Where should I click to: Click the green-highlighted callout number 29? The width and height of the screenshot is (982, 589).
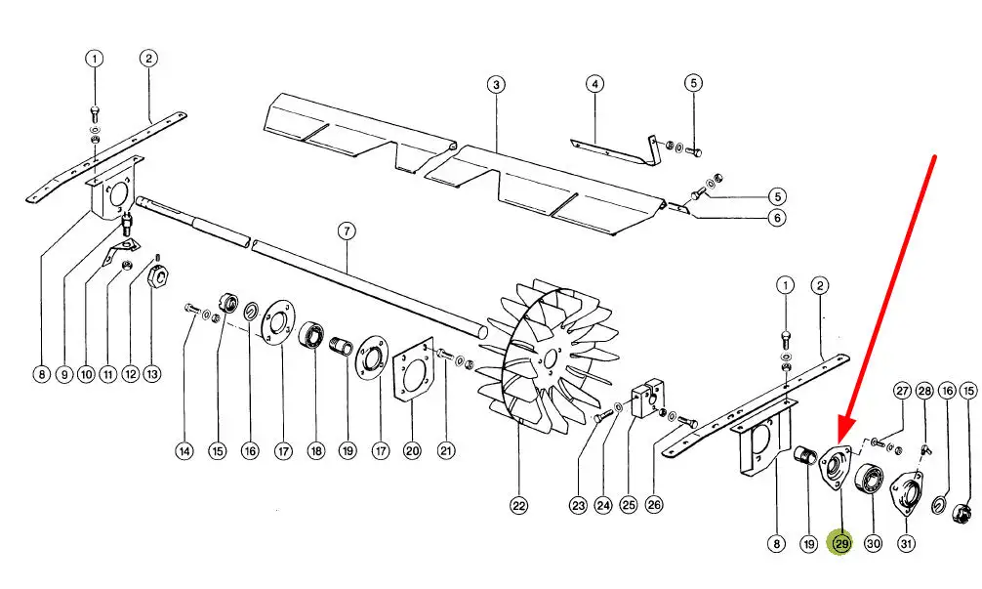841,543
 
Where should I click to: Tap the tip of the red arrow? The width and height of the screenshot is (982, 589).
839,443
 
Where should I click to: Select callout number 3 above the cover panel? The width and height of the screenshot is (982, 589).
496,84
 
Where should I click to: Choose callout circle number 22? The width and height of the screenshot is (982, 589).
519,505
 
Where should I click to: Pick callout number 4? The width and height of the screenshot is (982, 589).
594,83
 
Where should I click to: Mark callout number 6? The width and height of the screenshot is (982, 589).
777,218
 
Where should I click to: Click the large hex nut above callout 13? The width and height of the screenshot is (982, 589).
158,275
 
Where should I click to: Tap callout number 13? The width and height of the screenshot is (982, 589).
152,374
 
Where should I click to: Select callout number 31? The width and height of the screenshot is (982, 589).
906,543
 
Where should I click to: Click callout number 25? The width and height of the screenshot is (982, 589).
628,505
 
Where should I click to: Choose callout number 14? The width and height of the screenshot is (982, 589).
184,450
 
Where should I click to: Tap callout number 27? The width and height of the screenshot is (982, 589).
902,391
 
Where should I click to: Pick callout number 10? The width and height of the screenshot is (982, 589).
86,375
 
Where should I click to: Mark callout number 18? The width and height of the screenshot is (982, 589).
315,450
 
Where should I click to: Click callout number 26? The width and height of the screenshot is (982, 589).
653,504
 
